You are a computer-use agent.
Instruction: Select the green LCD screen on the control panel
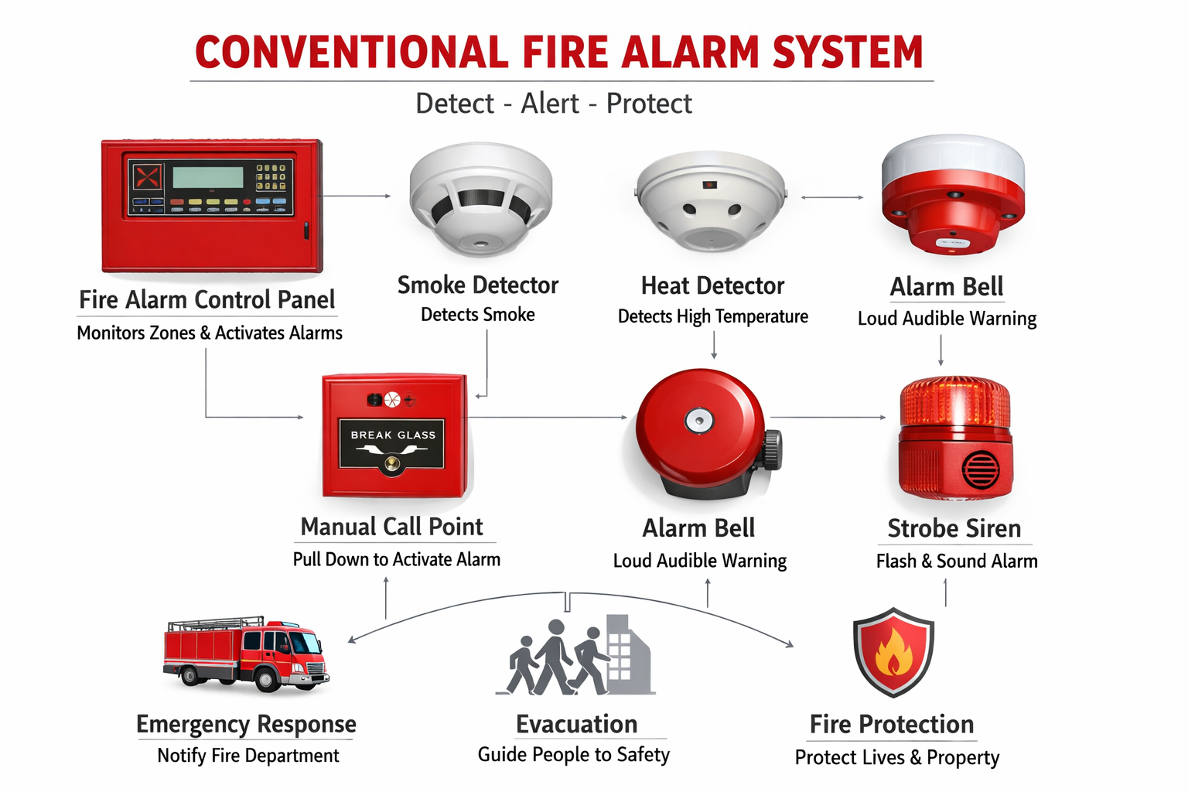[x=208, y=177]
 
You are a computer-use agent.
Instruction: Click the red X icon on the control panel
[x=147, y=177]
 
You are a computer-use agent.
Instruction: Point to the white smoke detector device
[x=480, y=199]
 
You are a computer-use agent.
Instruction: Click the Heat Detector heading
[x=712, y=286]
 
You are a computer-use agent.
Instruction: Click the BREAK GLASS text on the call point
[x=393, y=435]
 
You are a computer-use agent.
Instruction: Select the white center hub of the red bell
[x=698, y=421]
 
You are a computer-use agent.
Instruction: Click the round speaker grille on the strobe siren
[x=980, y=469]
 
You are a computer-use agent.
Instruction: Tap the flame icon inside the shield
[x=893, y=651]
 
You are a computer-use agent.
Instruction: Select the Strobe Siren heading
[x=954, y=529]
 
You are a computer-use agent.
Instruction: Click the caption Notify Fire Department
[x=247, y=756]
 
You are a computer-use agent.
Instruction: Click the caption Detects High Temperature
[x=712, y=316]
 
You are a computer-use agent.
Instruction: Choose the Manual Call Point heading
[x=391, y=527]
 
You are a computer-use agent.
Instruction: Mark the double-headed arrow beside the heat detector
[x=832, y=198]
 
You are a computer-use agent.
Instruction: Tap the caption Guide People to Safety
[x=573, y=755]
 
